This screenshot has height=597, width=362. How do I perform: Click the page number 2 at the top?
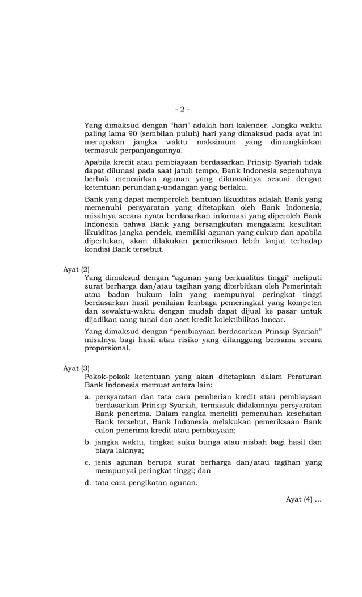[182, 109]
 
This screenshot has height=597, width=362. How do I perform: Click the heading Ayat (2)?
[76, 269]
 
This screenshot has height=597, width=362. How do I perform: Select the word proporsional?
[107, 348]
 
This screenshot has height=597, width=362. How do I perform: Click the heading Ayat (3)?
[76, 368]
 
